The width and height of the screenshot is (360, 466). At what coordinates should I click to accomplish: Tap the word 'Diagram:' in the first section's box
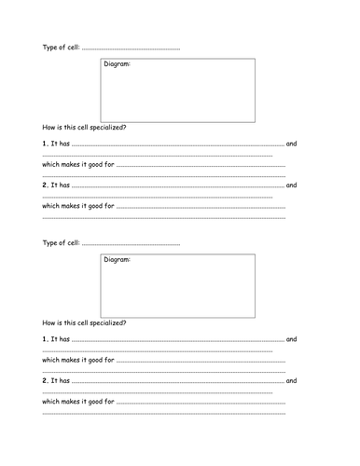pyautogui.click(x=116, y=64)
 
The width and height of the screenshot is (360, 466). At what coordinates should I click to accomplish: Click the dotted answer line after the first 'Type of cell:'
pyautogui.click(x=131, y=48)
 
